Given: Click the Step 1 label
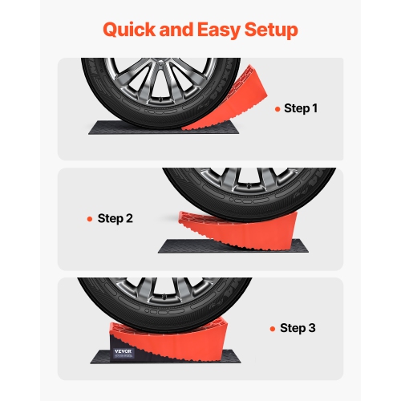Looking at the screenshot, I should tap(301, 107).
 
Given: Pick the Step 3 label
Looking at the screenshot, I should tap(298, 328).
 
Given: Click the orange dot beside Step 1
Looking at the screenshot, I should tap(277, 108).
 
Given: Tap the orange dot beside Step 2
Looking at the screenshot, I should tap(91, 218).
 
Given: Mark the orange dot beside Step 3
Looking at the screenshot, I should tap(274, 329).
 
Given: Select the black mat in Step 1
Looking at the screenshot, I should tap(120, 127).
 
